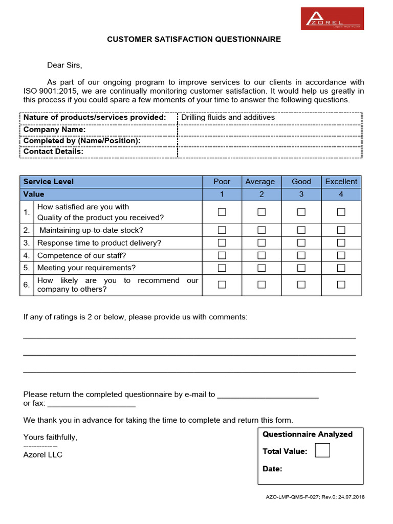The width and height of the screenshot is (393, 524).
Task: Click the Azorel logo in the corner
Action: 332,19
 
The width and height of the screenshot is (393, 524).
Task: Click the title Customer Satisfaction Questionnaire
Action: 194,39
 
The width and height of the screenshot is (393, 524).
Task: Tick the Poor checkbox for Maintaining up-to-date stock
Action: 222,230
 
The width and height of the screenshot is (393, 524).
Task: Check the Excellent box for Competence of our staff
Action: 341,255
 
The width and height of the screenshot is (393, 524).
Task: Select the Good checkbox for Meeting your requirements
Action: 301,268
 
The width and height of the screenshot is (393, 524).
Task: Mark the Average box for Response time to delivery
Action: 261,243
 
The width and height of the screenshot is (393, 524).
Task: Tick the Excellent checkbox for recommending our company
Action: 341,285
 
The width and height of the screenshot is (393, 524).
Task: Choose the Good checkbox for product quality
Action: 301,212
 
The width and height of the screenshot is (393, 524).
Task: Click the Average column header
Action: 260,182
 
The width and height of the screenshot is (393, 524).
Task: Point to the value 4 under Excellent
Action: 341,194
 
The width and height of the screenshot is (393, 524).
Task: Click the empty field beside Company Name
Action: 270,129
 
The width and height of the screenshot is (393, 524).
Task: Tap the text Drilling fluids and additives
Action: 228,118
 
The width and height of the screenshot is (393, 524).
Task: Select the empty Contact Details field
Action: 270,152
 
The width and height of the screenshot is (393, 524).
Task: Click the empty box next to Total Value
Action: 322,450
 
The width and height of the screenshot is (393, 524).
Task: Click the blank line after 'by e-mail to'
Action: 268,395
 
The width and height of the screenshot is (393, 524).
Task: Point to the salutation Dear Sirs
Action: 64,65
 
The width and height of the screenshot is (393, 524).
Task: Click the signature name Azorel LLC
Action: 43,454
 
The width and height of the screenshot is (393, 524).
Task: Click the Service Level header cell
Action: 49,182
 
